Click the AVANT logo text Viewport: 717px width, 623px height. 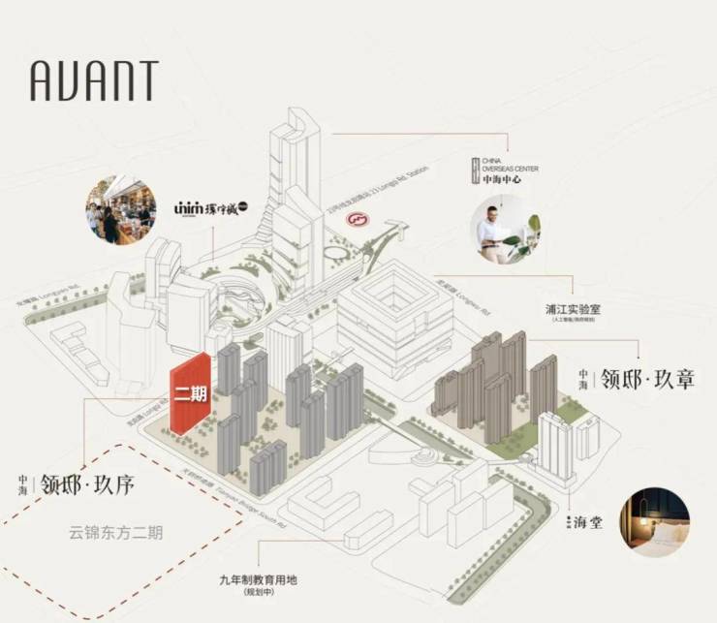pyautogui.click(x=94, y=81)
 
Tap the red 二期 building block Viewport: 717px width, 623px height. pyautogui.click(x=191, y=395)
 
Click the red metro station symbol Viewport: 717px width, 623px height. pyautogui.click(x=358, y=222)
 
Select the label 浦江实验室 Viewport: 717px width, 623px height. pyautogui.click(x=570, y=309)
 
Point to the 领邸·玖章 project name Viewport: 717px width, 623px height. pyautogui.click(x=648, y=379)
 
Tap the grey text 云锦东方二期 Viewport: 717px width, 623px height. pyautogui.click(x=116, y=532)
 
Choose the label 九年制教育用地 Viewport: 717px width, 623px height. pyautogui.click(x=259, y=580)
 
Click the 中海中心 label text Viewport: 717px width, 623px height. pyautogui.click(x=504, y=179)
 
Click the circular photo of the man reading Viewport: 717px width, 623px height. pyautogui.click(x=505, y=233)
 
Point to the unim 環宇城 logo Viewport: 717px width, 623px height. pyautogui.click(x=210, y=207)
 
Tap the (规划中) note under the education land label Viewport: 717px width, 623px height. pyautogui.click(x=259, y=592)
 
